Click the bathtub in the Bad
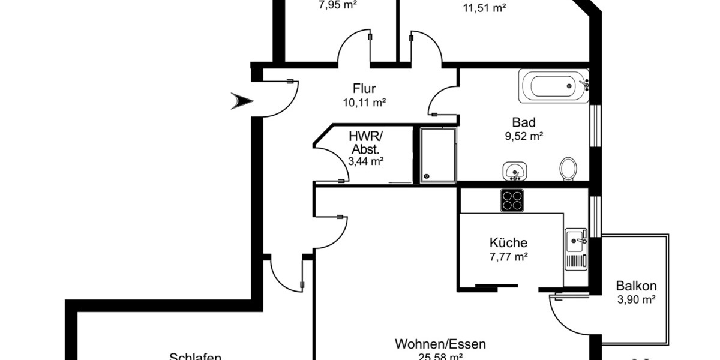click(x=553, y=87)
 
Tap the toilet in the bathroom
click(x=568, y=169)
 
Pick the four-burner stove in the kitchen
click(x=512, y=200)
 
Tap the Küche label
click(x=508, y=243)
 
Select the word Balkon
click(x=636, y=286)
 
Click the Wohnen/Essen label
click(x=440, y=344)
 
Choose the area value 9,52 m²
click(x=524, y=136)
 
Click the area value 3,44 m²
click(x=365, y=160)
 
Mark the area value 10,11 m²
click(x=364, y=103)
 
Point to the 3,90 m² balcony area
click(x=636, y=299)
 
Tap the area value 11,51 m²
click(x=484, y=8)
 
